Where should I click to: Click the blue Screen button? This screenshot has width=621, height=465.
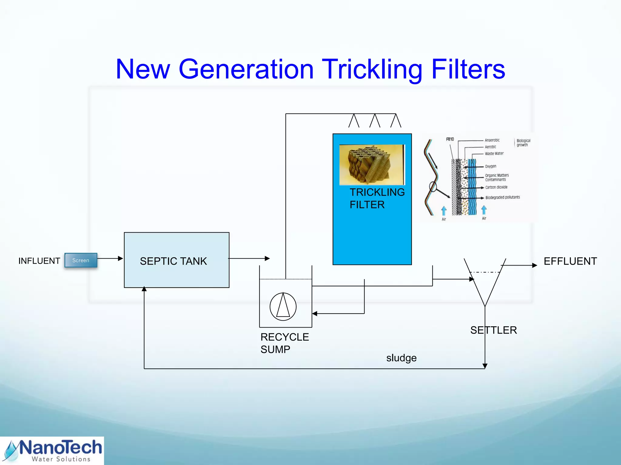click(x=81, y=260)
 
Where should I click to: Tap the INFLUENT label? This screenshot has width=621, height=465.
click(x=39, y=261)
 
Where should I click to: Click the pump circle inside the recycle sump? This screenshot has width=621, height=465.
click(x=283, y=306)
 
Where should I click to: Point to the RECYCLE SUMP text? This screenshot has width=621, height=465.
click(x=284, y=343)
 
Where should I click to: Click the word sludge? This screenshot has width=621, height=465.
click(x=401, y=358)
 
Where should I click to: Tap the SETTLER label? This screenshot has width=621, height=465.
click(x=493, y=330)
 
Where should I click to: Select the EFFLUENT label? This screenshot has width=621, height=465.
click(x=570, y=261)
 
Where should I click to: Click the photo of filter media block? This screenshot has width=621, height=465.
click(x=372, y=165)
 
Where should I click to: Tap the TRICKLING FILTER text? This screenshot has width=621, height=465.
click(x=377, y=198)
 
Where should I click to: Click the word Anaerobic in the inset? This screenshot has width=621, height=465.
click(x=492, y=140)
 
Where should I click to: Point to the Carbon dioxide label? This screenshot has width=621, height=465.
click(x=496, y=187)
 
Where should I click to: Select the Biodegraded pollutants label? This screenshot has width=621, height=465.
click(x=502, y=197)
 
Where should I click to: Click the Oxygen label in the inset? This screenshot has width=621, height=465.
click(x=490, y=166)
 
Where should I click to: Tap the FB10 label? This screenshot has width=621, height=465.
click(x=450, y=139)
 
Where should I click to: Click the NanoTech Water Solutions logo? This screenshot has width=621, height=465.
click(x=52, y=451)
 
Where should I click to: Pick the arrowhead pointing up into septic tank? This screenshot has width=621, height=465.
click(x=144, y=289)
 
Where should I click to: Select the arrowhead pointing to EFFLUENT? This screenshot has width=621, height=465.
click(x=535, y=265)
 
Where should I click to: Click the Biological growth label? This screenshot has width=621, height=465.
click(x=523, y=143)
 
